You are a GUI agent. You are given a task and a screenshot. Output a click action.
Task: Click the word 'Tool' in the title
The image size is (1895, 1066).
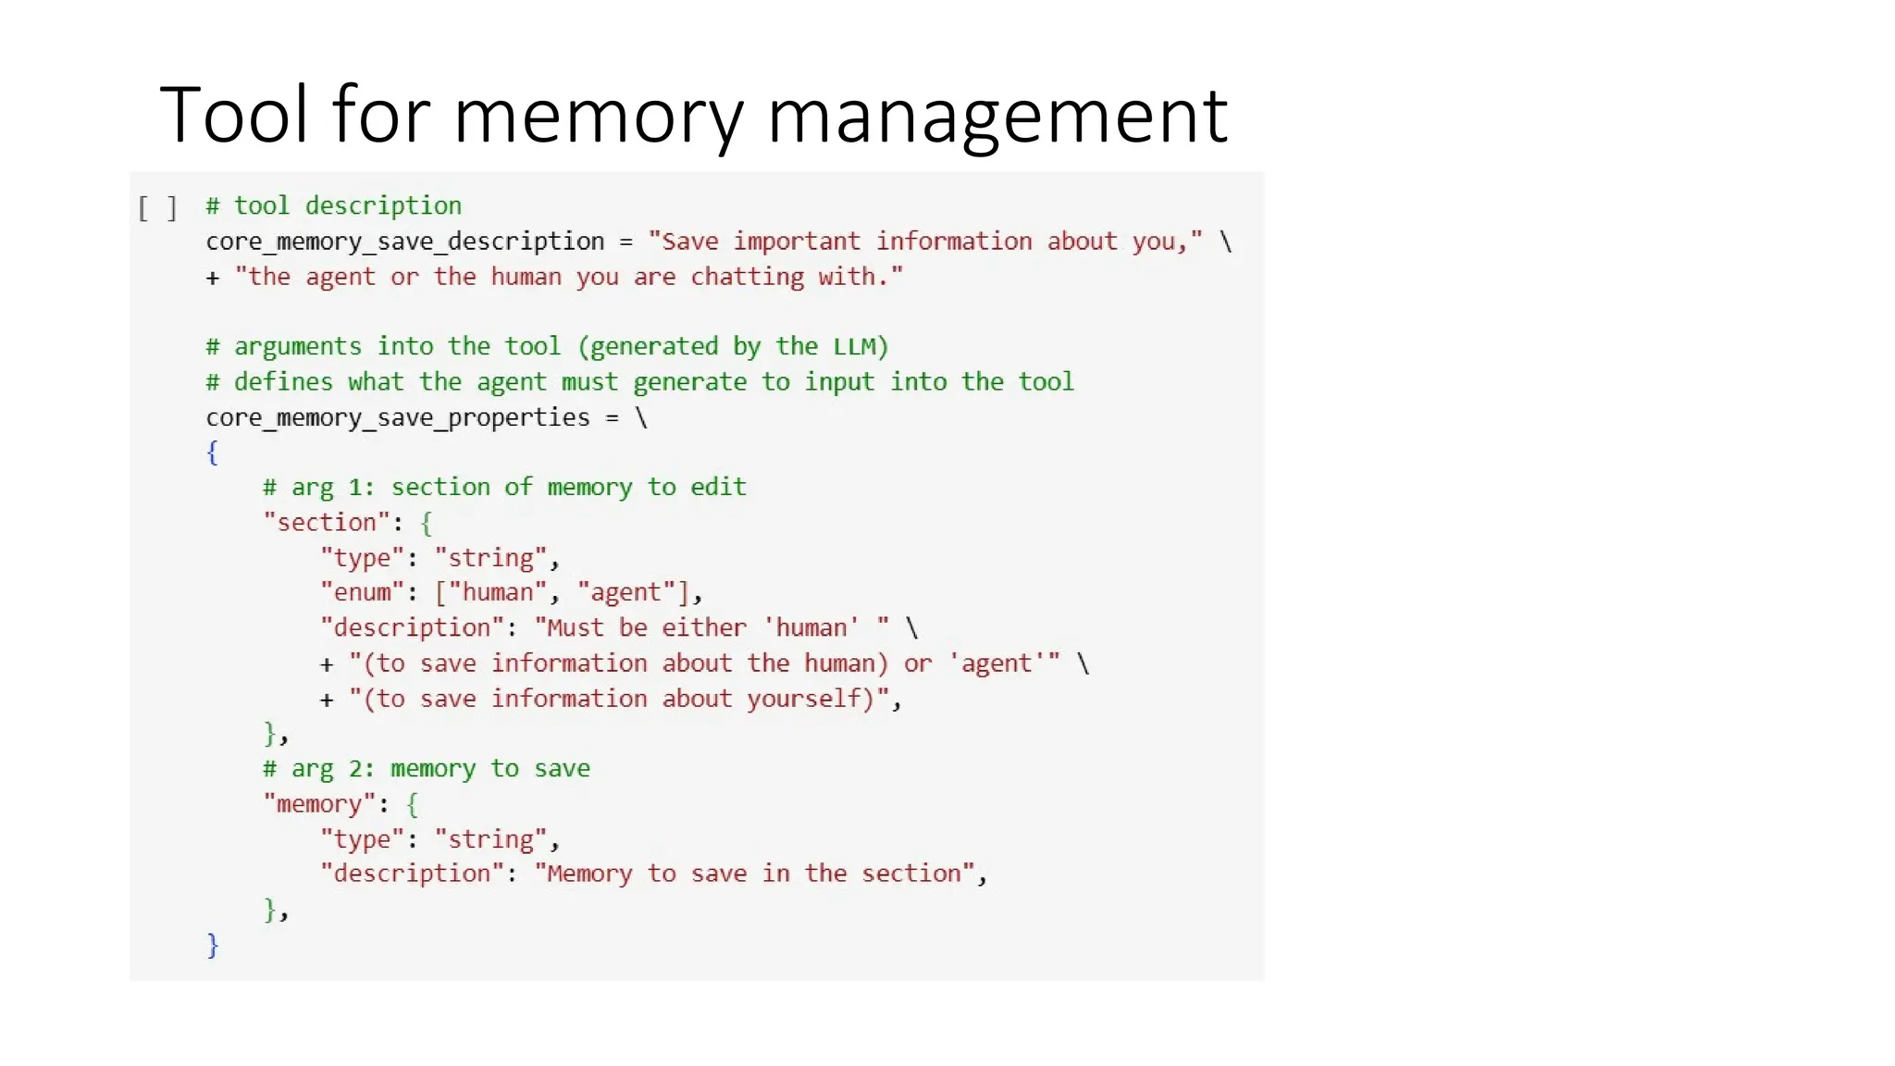(x=233, y=115)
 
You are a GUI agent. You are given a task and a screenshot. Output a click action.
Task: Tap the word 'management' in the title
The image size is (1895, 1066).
(x=997, y=117)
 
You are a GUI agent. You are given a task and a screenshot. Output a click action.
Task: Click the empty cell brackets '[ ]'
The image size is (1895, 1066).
(x=157, y=207)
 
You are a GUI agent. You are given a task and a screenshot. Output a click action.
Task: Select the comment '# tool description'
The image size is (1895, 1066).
(x=333, y=205)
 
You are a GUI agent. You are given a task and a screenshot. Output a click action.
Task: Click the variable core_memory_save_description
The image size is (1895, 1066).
(x=404, y=242)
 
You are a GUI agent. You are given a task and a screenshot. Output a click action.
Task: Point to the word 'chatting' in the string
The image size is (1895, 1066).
(x=747, y=277)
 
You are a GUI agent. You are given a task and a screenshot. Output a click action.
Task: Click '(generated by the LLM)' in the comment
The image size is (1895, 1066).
(x=732, y=347)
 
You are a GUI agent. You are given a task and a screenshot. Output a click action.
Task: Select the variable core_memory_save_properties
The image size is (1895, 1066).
(x=397, y=418)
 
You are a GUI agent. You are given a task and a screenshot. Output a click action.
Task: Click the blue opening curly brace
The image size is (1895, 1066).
(x=212, y=452)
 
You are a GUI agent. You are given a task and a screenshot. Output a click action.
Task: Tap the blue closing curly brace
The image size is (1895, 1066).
(x=212, y=945)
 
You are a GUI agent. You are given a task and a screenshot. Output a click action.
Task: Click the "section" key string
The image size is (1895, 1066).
(x=327, y=523)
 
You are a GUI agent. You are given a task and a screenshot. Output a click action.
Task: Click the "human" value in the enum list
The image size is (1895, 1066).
(x=498, y=592)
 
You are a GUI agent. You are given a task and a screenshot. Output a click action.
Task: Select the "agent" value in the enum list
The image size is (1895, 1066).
(x=626, y=592)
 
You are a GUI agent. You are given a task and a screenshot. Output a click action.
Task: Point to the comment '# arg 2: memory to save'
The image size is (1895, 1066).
(x=426, y=769)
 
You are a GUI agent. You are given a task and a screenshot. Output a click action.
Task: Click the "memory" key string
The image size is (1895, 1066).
(x=319, y=804)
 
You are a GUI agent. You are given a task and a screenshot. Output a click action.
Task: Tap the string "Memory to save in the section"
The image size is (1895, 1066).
(x=754, y=874)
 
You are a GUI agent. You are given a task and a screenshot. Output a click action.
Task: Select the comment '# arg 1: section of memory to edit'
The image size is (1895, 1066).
(x=504, y=488)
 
